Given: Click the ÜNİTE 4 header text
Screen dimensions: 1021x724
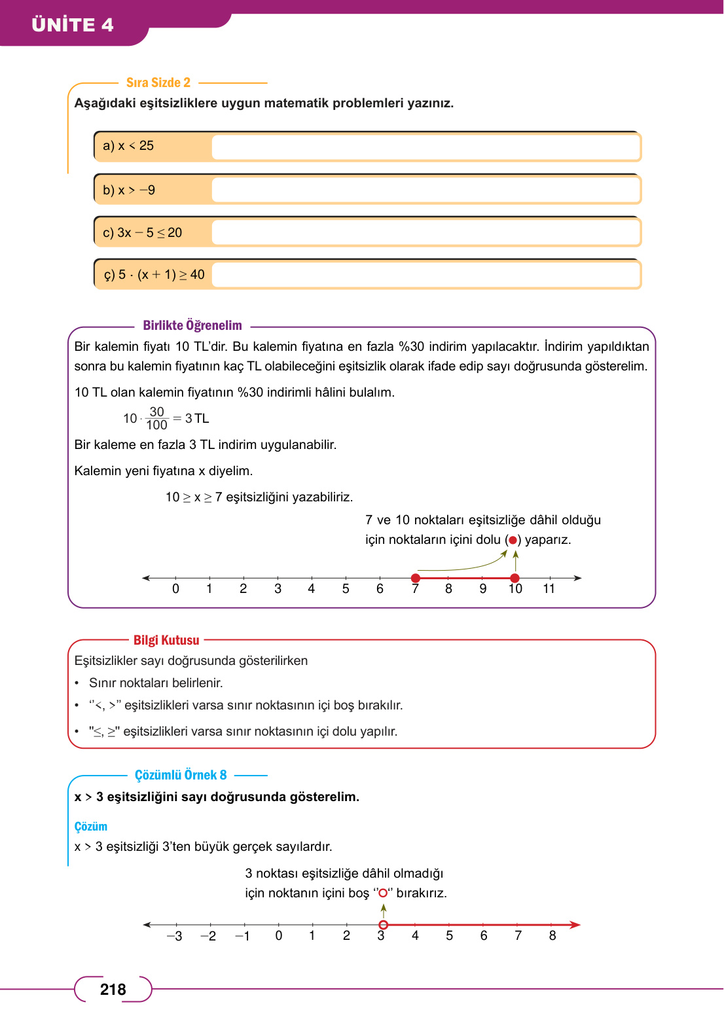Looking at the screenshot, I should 73,25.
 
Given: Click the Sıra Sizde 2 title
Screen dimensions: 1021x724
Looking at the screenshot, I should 158,82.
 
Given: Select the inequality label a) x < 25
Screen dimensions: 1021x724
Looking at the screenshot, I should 128,146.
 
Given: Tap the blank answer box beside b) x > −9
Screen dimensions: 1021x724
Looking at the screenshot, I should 425,190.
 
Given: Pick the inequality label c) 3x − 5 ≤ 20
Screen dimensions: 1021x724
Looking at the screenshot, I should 143,232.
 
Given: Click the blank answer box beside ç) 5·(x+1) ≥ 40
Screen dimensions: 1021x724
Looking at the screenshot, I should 425,275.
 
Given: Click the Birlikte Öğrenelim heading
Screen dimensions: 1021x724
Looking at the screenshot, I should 192,325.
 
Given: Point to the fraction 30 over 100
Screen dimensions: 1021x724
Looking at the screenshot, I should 156,418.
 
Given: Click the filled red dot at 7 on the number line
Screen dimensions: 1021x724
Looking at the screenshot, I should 416,578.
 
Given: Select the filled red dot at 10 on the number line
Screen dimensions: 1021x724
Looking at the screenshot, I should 515,578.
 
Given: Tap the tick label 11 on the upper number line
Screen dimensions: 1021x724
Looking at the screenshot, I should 549,589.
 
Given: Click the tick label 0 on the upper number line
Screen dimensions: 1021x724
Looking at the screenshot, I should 175,589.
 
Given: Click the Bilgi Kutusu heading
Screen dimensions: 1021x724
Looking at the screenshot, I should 166,640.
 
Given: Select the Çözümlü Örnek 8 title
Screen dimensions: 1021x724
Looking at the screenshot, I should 181,775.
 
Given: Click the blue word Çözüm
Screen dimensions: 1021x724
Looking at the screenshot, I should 91,827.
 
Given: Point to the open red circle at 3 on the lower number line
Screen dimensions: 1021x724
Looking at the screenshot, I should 384,925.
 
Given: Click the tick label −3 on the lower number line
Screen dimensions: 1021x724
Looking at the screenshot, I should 174,936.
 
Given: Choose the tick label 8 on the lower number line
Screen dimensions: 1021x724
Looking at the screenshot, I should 552,936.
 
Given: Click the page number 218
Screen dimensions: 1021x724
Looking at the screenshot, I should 113,990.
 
